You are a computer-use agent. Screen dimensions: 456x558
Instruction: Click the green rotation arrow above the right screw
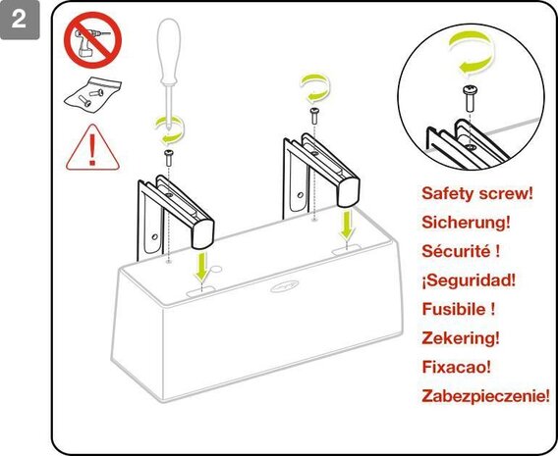tap(314, 89)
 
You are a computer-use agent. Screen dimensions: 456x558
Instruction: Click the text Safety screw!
tap(476, 194)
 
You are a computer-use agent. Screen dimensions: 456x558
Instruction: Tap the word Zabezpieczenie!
tap(485, 395)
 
